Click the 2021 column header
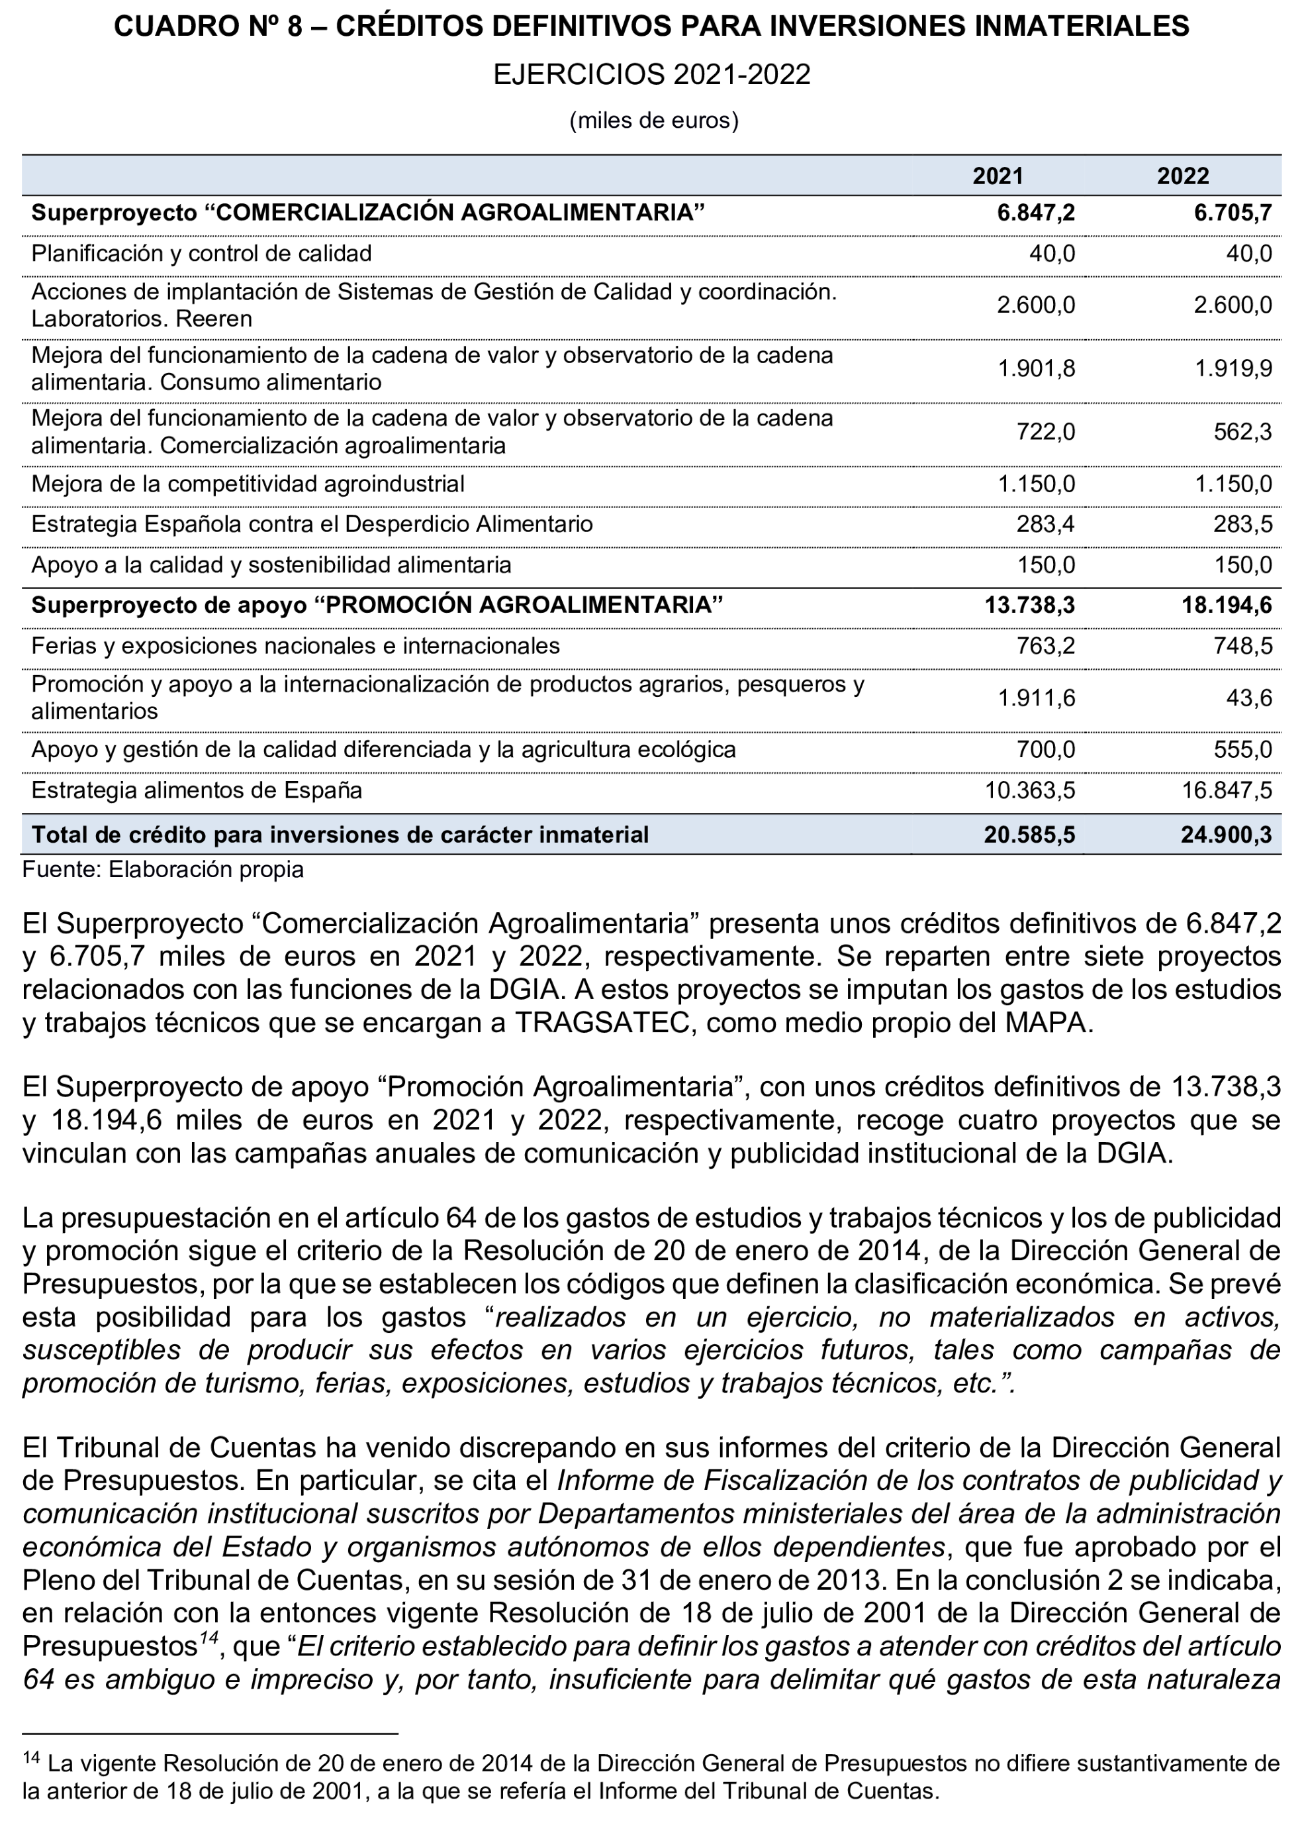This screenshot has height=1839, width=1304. pos(998,176)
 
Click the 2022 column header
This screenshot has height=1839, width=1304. pos(1182,176)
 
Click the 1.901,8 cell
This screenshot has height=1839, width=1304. pos(1036,369)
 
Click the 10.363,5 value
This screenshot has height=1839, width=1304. pos(1029,790)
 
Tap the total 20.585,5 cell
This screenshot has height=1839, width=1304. pos(1029,835)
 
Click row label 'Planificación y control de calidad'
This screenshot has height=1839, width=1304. pos(201,254)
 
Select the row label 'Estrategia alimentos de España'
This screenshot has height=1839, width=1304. pos(197,790)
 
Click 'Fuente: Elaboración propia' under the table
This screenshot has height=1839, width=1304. pos(163,869)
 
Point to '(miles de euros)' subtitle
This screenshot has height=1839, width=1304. pos(653,121)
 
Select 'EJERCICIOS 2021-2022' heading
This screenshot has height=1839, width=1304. pos(651,75)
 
